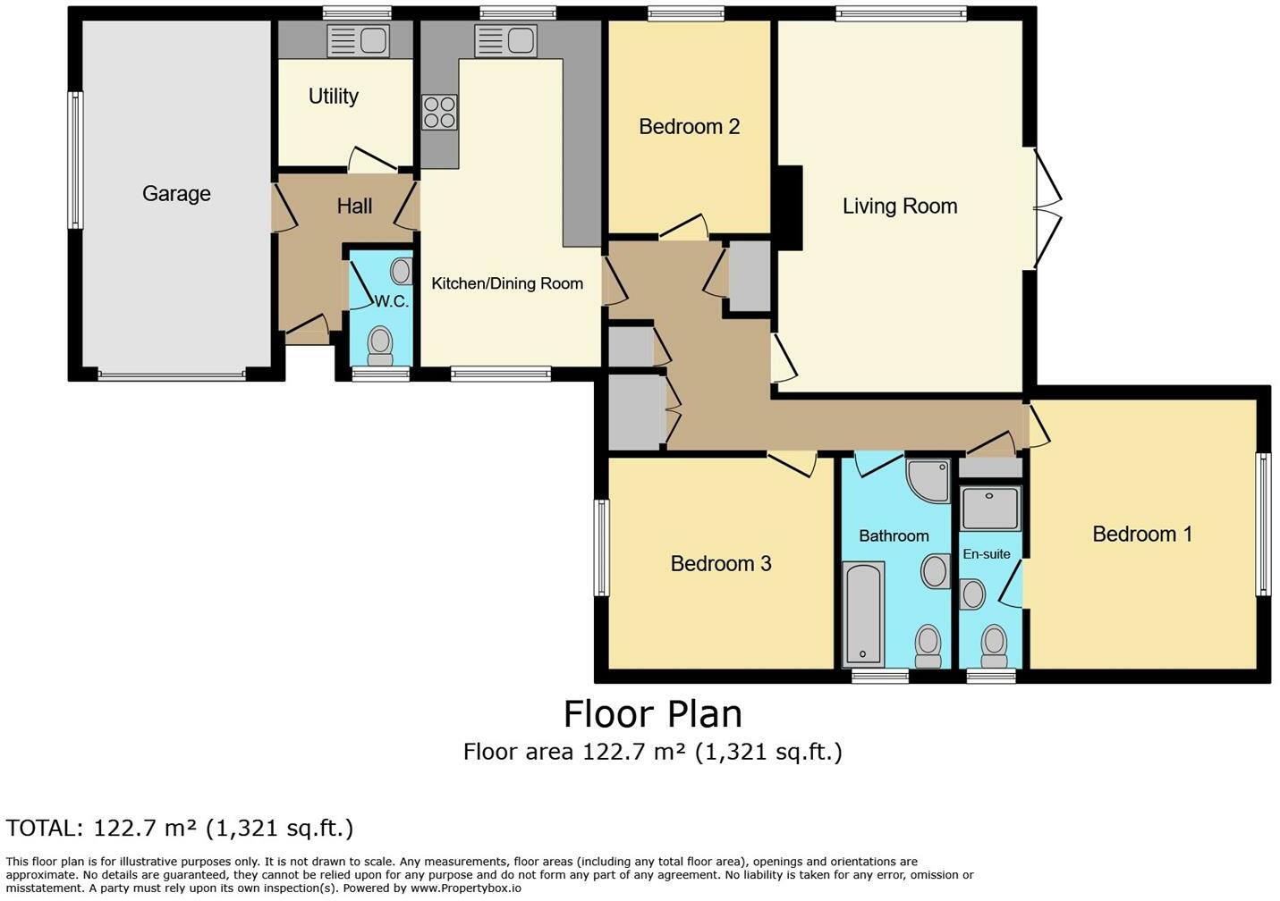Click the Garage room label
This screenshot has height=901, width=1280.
pyautogui.click(x=176, y=194)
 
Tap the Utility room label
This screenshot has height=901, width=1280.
pyautogui.click(x=334, y=97)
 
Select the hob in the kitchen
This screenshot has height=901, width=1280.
pyautogui.click(x=439, y=113)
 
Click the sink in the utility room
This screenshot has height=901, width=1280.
pyautogui.click(x=357, y=40)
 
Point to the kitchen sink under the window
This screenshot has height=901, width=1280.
pyautogui.click(x=504, y=40)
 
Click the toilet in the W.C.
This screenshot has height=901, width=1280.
pyautogui.click(x=380, y=345)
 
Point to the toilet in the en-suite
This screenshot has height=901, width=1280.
pyautogui.click(x=993, y=644)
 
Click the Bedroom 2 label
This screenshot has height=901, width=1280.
pyautogui.click(x=689, y=127)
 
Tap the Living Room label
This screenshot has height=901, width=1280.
pyautogui.click(x=900, y=206)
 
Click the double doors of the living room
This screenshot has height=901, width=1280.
pyautogui.click(x=1047, y=207)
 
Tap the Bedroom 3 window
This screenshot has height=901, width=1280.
pyautogui.click(x=602, y=548)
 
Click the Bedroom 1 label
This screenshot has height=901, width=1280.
pyautogui.click(x=1142, y=535)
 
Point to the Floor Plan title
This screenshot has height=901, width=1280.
pyautogui.click(x=652, y=714)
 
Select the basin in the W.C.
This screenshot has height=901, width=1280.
pyautogui.click(x=403, y=271)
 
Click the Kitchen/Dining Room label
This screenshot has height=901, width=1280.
pyautogui.click(x=507, y=284)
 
